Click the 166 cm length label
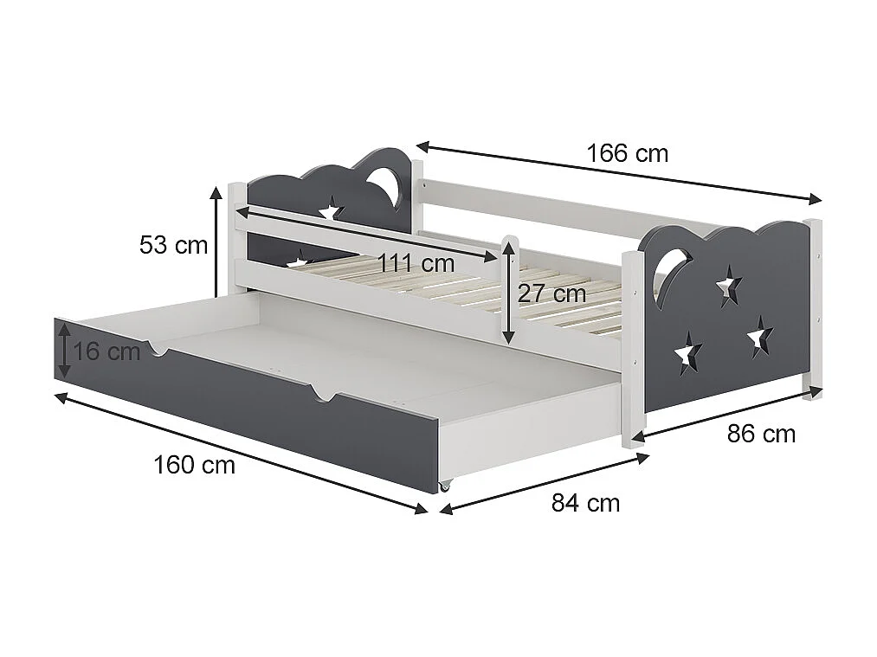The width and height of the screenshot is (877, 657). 627,154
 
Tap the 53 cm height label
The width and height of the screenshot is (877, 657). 173,245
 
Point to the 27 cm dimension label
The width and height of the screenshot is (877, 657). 551,293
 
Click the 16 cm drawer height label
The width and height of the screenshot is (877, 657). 106,351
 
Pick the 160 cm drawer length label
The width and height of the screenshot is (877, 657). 194,465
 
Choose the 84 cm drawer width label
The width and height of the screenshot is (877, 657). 585,503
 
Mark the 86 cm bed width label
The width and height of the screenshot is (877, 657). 761,434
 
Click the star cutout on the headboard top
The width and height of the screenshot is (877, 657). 330,209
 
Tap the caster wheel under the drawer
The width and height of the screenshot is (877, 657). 445,486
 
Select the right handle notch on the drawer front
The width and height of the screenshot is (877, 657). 323,396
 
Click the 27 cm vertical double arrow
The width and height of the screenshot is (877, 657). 509,291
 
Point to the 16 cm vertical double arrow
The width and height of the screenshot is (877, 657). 64,349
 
